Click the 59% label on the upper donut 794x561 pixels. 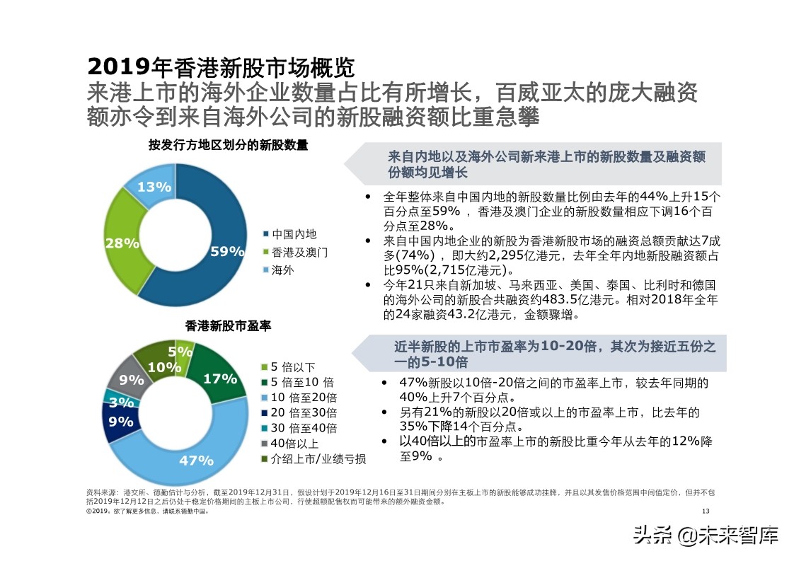227,251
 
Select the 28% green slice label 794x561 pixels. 122,243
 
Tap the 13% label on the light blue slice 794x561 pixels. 154,187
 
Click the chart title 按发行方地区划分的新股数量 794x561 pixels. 229,145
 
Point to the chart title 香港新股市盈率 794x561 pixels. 229,326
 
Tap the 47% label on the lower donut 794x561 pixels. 196,461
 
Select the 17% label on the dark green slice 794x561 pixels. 219,379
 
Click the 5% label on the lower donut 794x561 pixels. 181,351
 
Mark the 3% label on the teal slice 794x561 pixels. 122,403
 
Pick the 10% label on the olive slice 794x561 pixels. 164,367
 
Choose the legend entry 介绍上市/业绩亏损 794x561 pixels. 318,460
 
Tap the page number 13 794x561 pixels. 705,511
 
